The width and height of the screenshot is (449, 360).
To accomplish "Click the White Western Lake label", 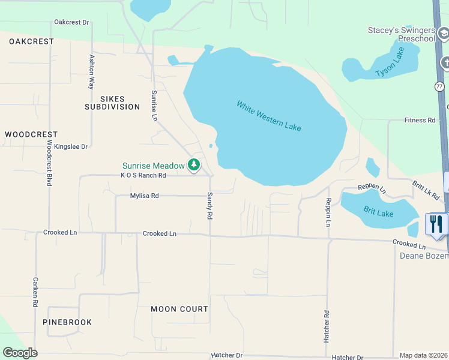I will (268, 116).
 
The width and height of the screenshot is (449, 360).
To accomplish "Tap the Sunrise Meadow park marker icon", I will (193, 164).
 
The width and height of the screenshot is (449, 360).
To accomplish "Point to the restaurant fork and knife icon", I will (436, 224).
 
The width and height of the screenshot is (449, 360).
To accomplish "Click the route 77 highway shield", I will (440, 86).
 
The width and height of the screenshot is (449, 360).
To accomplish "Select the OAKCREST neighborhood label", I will (31, 41).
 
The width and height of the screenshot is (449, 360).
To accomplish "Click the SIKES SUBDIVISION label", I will (112, 103).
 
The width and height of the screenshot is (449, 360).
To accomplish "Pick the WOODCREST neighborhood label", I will (31, 134).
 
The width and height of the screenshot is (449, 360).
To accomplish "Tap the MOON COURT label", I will (179, 309).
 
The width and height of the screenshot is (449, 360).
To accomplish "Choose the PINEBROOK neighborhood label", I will (67, 322).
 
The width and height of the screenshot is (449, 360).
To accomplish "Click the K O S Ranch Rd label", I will (143, 175).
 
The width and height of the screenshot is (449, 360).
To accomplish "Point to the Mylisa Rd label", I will (144, 196).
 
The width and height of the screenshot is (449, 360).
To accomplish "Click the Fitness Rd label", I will (420, 120).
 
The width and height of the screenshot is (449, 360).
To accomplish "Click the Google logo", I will (20, 353).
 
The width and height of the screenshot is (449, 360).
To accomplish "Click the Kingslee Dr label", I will (71, 146).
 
